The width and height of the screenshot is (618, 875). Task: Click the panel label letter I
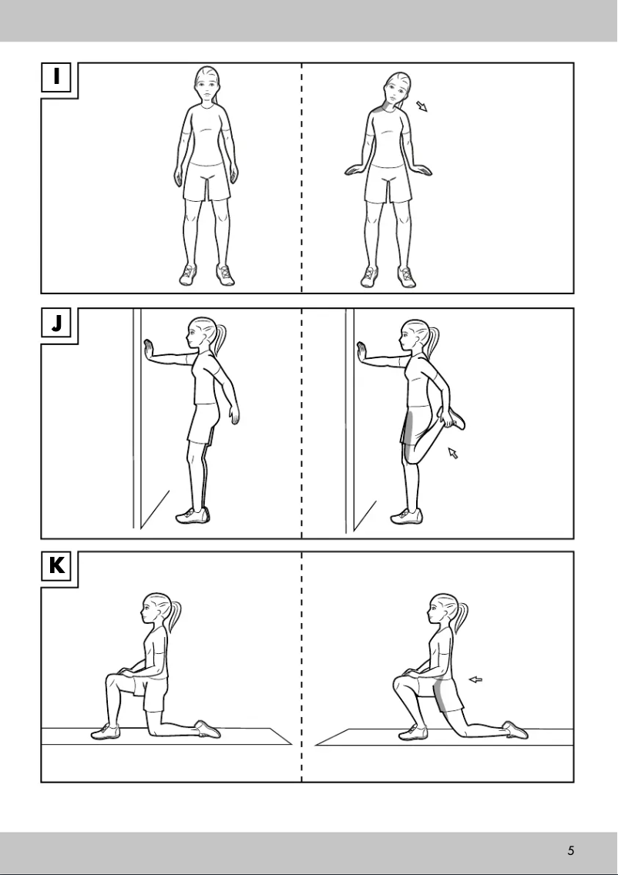[x=56, y=77]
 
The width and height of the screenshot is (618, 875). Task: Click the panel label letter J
[x=56, y=323]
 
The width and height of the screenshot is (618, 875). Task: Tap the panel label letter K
[x=56, y=566]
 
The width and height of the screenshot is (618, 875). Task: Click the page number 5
[x=570, y=850]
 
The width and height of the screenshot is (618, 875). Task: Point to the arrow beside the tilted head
[x=421, y=106]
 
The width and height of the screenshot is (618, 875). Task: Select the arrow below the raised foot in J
[x=453, y=454]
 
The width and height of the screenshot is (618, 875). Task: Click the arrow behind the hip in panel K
[x=475, y=679]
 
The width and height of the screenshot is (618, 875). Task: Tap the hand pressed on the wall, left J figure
[x=149, y=351]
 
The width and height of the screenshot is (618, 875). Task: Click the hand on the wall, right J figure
[x=362, y=351]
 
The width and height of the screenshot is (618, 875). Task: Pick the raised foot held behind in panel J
[x=455, y=419]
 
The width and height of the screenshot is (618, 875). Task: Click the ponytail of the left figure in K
[x=176, y=614]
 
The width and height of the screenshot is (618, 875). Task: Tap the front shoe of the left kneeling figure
[x=106, y=732]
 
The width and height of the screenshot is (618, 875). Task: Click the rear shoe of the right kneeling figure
[x=515, y=729]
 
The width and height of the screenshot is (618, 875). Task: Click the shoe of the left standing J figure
[x=192, y=515]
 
